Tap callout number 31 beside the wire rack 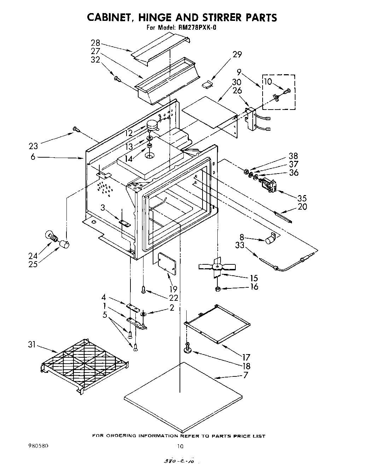pos(32,345)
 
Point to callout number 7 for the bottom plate pos(245,375)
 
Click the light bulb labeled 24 pos(52,236)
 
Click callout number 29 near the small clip pos(237,54)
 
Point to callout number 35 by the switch pos(302,198)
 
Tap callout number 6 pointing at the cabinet pos(33,157)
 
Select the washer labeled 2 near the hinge pos(143,314)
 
